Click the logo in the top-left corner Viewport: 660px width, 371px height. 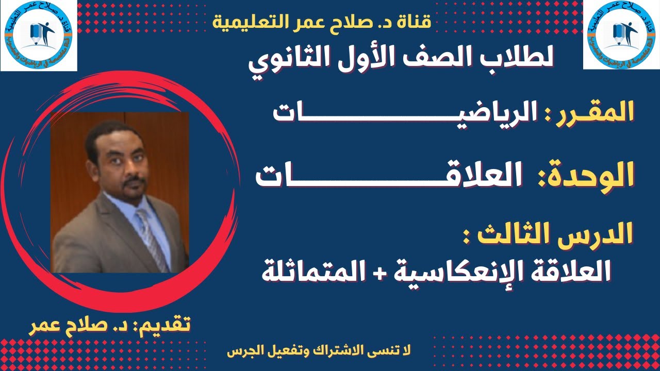[x=38, y=35]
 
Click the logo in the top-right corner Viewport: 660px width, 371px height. [x=621, y=35]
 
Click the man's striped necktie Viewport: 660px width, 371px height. [x=152, y=237]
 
